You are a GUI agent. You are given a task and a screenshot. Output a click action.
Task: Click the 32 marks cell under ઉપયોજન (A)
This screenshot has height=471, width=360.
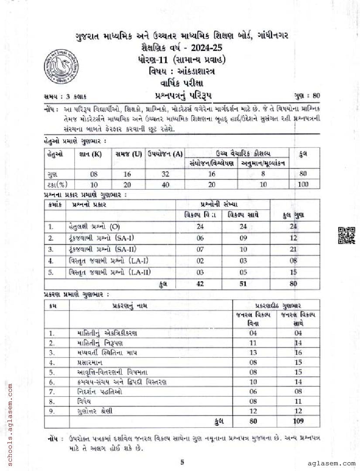pyautogui.click(x=165, y=173)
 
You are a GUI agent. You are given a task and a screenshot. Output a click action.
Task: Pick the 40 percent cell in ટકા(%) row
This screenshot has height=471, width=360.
pyautogui.click(x=165, y=184)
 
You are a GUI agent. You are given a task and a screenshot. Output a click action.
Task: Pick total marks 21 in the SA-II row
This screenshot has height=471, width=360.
pyautogui.click(x=293, y=249)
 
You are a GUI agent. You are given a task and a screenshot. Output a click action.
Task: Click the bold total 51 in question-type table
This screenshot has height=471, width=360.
pyautogui.click(x=243, y=284)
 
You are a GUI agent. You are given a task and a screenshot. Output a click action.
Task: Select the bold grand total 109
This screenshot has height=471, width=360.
pyautogui.click(x=298, y=421)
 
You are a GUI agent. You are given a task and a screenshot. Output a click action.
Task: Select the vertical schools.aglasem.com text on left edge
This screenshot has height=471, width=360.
pyautogui.click(x=6, y=406)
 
